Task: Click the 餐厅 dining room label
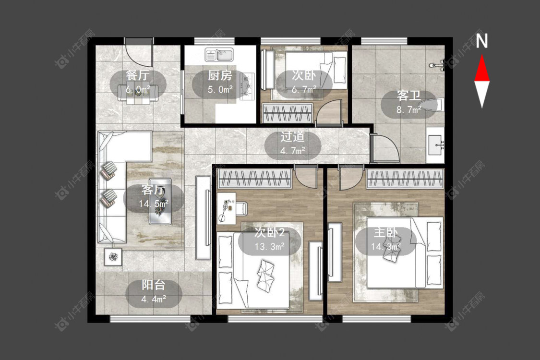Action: [x=138, y=75]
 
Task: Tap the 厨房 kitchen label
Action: [x=220, y=75]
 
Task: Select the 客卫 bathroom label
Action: [x=409, y=96]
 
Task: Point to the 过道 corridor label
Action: [x=292, y=137]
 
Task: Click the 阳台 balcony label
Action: [x=154, y=285]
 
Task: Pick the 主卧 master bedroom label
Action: [x=386, y=232]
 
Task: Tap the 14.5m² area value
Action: [x=154, y=204]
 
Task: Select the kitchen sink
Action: [x=219, y=54]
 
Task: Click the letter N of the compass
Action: [x=482, y=41]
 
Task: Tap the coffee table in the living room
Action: [x=160, y=201]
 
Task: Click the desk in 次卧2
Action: [x=226, y=208]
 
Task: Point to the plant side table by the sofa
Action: [x=113, y=257]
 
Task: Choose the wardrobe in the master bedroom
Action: [x=405, y=179]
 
